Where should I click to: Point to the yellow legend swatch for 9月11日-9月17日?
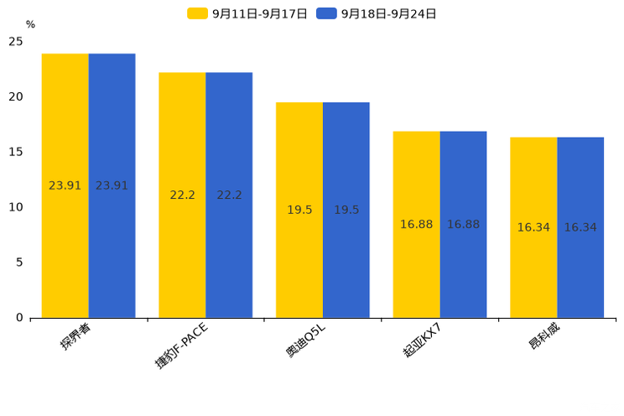[197, 13]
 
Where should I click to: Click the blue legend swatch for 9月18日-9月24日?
[326, 13]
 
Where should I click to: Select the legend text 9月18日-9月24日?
[388, 13]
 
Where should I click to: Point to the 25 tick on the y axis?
[16, 41]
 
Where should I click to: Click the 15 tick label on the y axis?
[16, 152]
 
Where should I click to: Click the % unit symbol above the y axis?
[30, 24]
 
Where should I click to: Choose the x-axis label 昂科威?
[544, 335]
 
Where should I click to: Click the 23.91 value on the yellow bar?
[65, 185]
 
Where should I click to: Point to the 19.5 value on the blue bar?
[346, 210]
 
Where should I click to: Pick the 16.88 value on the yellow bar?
[416, 225]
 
